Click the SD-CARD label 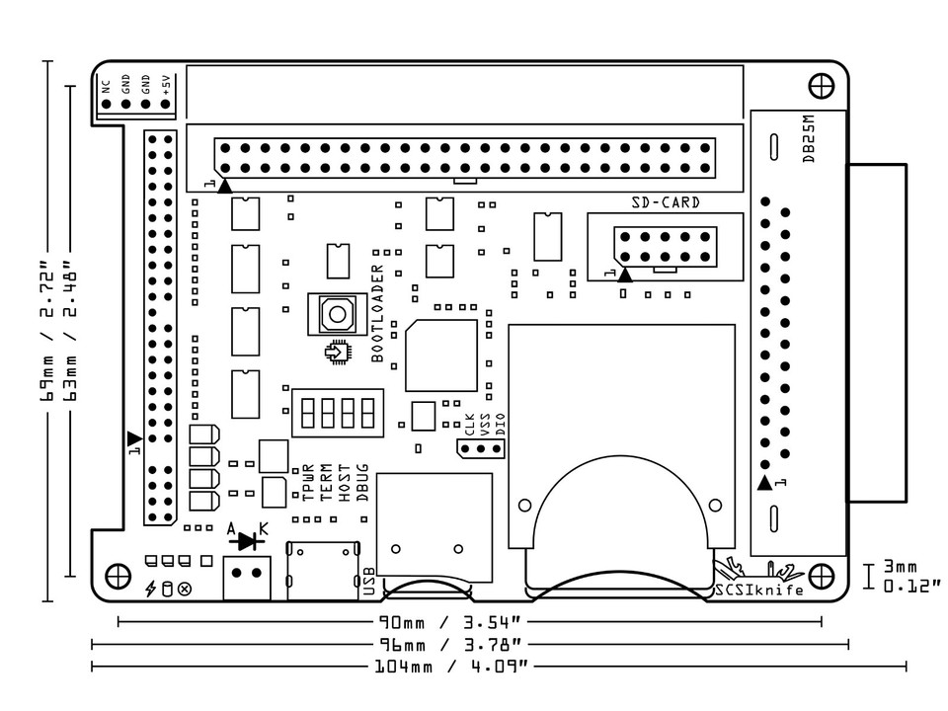666,202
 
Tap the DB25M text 809,139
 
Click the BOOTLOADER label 377,313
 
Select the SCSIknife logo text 759,591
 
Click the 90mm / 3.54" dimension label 450,622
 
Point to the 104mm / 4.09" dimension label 451,667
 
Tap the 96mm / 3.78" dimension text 450,645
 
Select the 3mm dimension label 901,567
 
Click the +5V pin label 166,85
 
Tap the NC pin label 106,87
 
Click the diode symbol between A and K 247,541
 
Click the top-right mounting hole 821,86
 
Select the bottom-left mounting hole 118,576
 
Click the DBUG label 362,483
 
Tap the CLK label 470,425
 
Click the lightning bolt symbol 150,589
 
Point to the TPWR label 308,483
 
